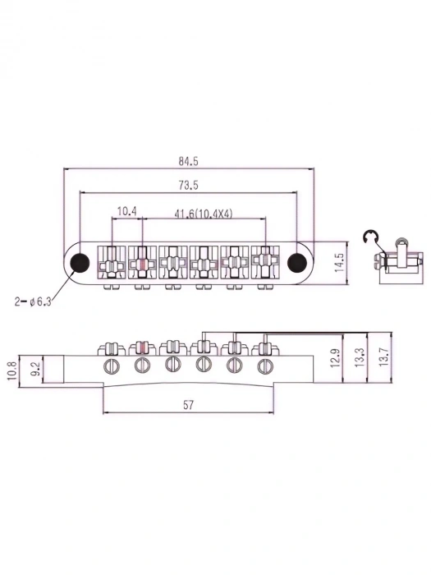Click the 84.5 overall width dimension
click(x=188, y=161)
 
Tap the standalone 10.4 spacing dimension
click(x=127, y=211)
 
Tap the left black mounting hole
click(x=80, y=262)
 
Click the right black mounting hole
click(x=296, y=262)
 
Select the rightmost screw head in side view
click(x=264, y=366)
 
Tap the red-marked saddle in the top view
click(x=141, y=264)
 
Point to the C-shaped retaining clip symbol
click(x=370, y=240)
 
